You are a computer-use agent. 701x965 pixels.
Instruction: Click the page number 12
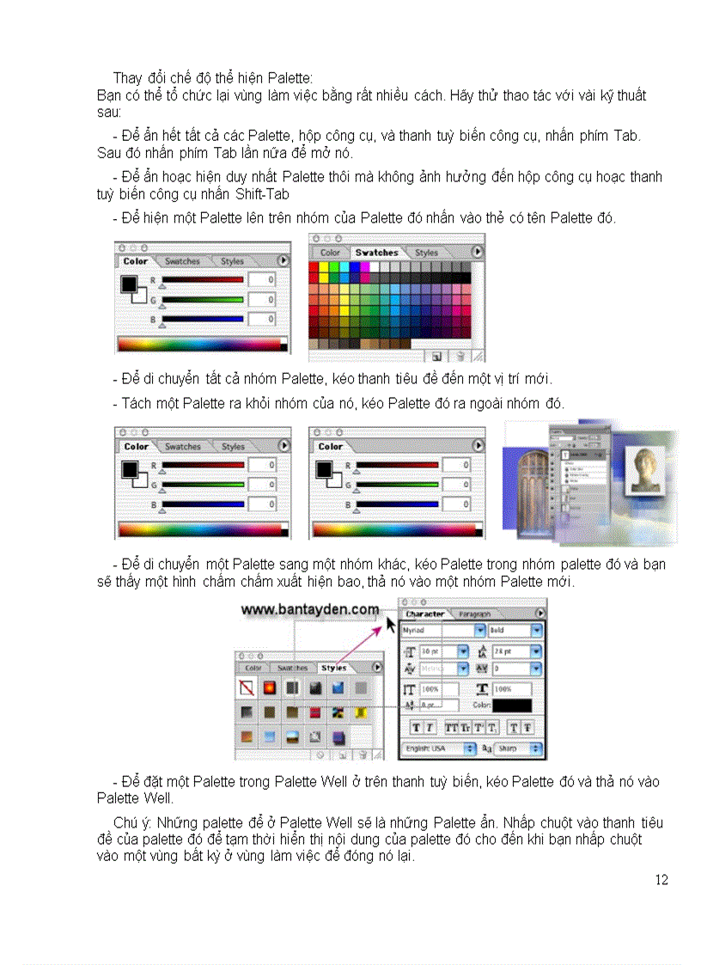[661, 879]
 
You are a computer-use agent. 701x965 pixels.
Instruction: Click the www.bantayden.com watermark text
[309, 609]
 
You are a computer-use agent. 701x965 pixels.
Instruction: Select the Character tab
[425, 614]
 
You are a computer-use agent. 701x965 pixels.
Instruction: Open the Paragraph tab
[474, 614]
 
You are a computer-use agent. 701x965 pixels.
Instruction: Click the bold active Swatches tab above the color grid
[377, 253]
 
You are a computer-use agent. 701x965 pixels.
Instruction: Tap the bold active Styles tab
[333, 668]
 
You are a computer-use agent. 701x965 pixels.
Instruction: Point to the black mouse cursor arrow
[393, 622]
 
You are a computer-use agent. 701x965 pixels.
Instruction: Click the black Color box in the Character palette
[512, 705]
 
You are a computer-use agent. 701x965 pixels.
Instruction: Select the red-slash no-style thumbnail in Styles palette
[247, 687]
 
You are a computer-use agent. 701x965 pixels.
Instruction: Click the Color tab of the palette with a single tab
[331, 447]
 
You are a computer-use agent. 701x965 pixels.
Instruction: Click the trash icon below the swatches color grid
[460, 356]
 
